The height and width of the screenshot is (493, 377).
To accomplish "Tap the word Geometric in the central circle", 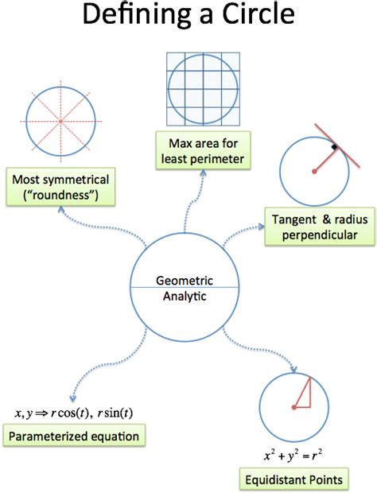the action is click(x=185, y=281).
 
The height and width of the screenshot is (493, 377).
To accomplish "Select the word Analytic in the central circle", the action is click(x=185, y=296).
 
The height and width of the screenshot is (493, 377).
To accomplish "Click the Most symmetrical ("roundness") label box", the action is click(x=60, y=187).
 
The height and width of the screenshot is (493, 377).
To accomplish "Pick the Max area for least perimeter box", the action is click(x=203, y=151).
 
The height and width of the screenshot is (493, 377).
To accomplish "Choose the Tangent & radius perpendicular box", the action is click(x=320, y=227).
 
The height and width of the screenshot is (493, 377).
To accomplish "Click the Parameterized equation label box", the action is click(x=74, y=436).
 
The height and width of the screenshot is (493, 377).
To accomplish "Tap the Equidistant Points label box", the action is click(x=294, y=479).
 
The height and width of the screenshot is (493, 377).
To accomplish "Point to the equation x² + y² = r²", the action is click(x=293, y=456).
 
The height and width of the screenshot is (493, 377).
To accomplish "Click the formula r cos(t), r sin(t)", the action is click(x=91, y=413).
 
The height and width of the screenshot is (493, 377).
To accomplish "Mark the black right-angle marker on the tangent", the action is click(x=334, y=147).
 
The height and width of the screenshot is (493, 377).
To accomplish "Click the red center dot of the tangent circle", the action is click(x=314, y=171).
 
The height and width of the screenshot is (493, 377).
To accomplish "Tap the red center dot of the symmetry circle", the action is click(x=60, y=121).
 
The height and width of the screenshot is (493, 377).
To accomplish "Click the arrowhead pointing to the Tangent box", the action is click(x=262, y=226).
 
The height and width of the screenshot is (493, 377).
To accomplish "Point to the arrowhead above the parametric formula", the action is click(x=73, y=398).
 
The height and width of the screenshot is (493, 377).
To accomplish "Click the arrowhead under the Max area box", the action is click(x=203, y=173).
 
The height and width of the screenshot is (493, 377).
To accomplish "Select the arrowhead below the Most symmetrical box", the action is click(x=61, y=210).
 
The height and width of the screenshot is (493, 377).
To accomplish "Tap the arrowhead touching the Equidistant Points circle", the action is click(x=293, y=369).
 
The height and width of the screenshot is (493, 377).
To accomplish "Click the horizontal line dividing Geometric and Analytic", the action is click(x=185, y=287).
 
